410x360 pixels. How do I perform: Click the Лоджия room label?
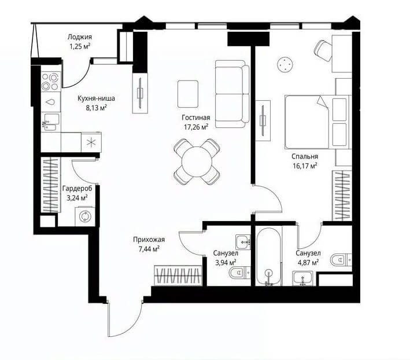pyautogui.click(x=79, y=37)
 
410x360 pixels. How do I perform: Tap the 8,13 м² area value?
pyautogui.click(x=96, y=108)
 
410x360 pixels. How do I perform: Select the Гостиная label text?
pyautogui.click(x=195, y=117)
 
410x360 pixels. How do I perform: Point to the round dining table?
pyautogui.click(x=197, y=161)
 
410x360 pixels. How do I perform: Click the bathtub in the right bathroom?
pyautogui.click(x=268, y=256)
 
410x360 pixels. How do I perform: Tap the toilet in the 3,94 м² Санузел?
pyautogui.click(x=239, y=273)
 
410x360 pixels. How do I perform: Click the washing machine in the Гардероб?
pyautogui.click(x=85, y=216)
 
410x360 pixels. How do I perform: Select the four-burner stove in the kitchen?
pyautogui.click(x=51, y=82)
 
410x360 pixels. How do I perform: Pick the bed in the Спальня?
pyautogui.click(x=317, y=122)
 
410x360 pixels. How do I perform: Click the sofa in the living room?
pyautogui.click(x=232, y=94)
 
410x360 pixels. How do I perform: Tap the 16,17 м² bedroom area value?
pyautogui.click(x=305, y=166)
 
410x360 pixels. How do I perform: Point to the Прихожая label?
pyautogui.click(x=149, y=240)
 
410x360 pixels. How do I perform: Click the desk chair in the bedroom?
pyautogui.click(x=323, y=51)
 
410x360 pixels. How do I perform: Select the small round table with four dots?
pyautogui.click(x=285, y=64)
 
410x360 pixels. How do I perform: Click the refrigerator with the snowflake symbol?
pyautogui.click(x=91, y=142)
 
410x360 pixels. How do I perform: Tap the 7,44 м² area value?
pyautogui.click(x=149, y=248)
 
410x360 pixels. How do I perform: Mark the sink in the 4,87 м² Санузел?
pyautogui.click(x=302, y=278)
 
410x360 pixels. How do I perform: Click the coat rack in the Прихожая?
pyautogui.click(x=178, y=275)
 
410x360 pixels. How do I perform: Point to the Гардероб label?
pyautogui.click(x=77, y=188)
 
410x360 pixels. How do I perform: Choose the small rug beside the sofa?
pyautogui.click(x=188, y=94)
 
